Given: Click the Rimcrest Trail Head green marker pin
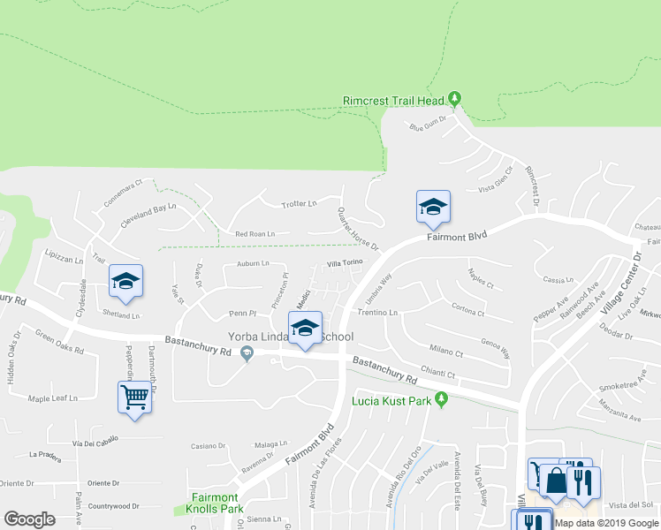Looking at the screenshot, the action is click(x=454, y=98).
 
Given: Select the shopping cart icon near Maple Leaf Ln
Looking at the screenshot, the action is click(x=135, y=397).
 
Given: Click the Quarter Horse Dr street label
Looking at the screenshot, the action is click(x=358, y=229).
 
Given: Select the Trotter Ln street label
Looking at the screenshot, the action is click(x=299, y=204).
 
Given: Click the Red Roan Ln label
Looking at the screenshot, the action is click(x=255, y=234).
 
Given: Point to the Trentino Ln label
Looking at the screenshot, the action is click(x=378, y=313).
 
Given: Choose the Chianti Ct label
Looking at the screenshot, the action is click(x=438, y=374).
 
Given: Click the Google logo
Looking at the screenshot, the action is click(x=29, y=519).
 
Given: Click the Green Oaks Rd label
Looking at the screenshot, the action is click(x=59, y=342).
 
